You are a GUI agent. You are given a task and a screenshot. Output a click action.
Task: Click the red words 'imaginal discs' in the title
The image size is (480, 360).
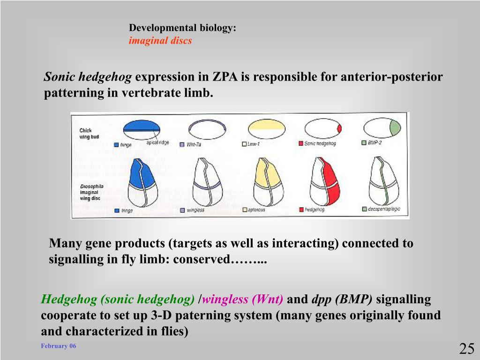[x=160, y=41]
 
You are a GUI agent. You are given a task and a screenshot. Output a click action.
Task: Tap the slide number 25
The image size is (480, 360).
[x=467, y=349]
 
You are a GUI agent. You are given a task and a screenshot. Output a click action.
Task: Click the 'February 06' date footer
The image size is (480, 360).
[x=58, y=346]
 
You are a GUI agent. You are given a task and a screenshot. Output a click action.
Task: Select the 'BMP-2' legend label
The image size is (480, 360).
[x=375, y=142]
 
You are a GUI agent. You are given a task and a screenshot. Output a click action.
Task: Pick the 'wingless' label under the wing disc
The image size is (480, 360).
[x=196, y=210]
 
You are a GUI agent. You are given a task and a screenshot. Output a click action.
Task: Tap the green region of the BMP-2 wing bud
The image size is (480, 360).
[x=396, y=127]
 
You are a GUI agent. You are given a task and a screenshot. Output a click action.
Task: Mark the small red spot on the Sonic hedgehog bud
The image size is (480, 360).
[x=339, y=128]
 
